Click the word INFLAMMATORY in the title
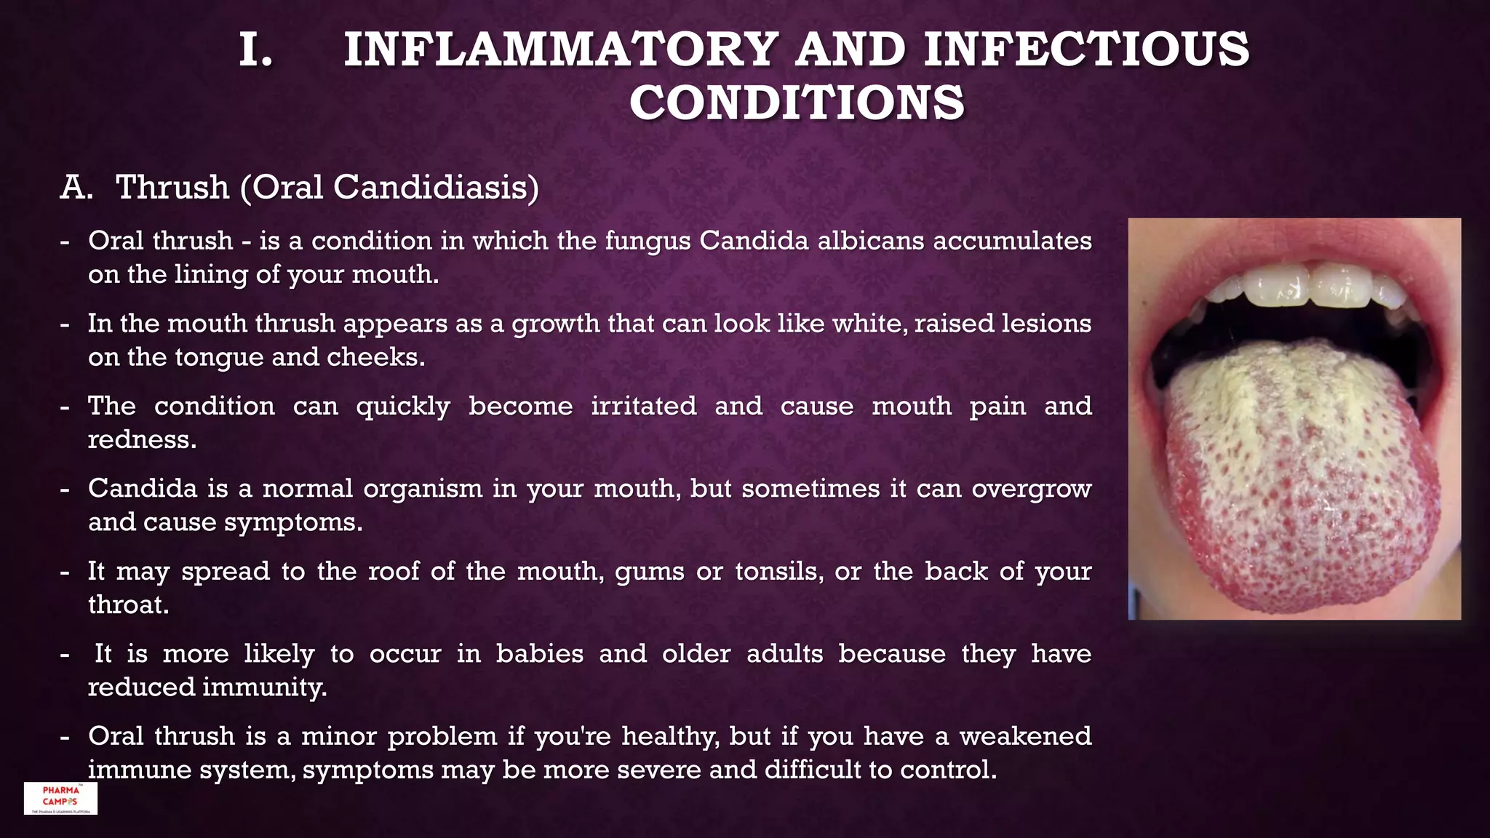pyautogui.click(x=561, y=49)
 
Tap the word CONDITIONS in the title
pyautogui.click(x=797, y=103)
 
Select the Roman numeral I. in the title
pyautogui.click(x=256, y=49)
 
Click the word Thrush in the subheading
pyautogui.click(x=172, y=187)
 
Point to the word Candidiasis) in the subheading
pyautogui.click(x=436, y=187)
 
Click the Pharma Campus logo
pyautogui.click(x=60, y=798)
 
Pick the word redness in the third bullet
pyautogui.click(x=140, y=439)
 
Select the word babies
pyautogui.click(x=539, y=653)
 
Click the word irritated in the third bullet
pyautogui.click(x=643, y=406)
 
